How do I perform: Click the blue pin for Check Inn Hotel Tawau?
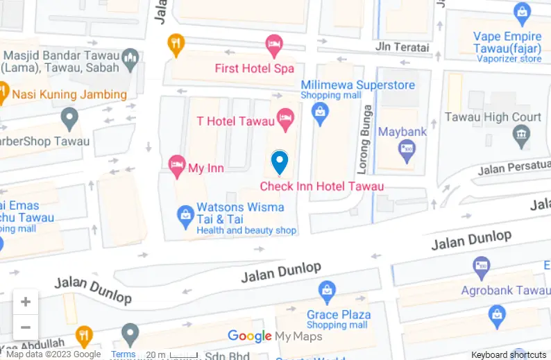coord(279,162)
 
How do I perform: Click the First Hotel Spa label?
coord(254,69)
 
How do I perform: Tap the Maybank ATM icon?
coord(406,148)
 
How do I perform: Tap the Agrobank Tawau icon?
coord(481,265)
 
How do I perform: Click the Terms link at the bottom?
coord(124,354)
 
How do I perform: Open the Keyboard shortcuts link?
coord(509,354)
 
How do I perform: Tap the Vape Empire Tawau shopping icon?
coord(522,12)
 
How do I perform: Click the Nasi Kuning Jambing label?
coord(69,94)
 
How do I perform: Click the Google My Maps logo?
coord(275,336)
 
